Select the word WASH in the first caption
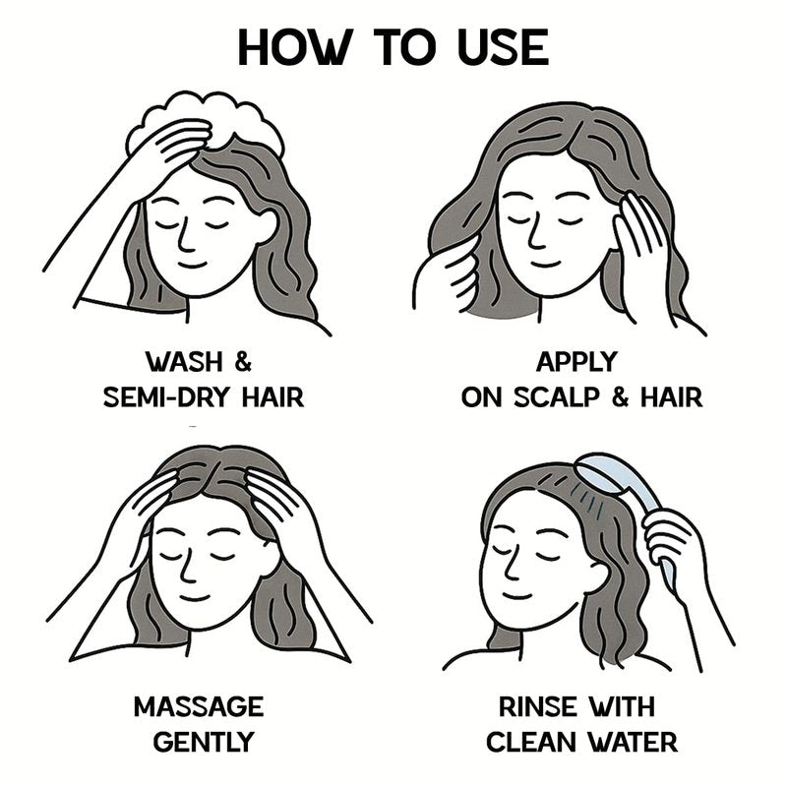coord(184,361)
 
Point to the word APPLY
coord(576,361)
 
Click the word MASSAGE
coord(199,706)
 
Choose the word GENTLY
coord(204,743)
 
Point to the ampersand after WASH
coord(243,361)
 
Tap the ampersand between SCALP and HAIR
coord(621,397)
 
